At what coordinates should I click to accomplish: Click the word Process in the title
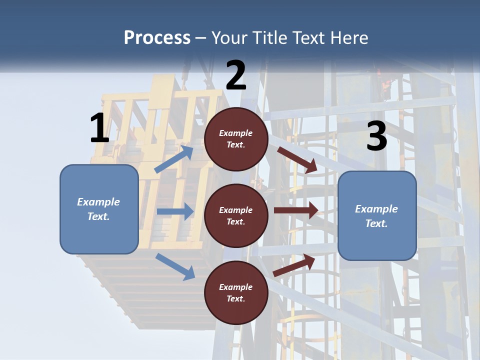(x=157, y=37)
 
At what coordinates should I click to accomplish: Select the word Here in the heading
(x=348, y=37)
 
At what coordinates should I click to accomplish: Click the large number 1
(x=99, y=128)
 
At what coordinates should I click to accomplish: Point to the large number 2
(x=236, y=75)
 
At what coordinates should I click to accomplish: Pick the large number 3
(x=376, y=136)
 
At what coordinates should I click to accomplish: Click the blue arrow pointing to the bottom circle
(x=175, y=266)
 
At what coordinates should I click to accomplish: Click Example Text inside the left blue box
(x=98, y=209)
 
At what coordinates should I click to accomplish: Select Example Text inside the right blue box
(x=376, y=216)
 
